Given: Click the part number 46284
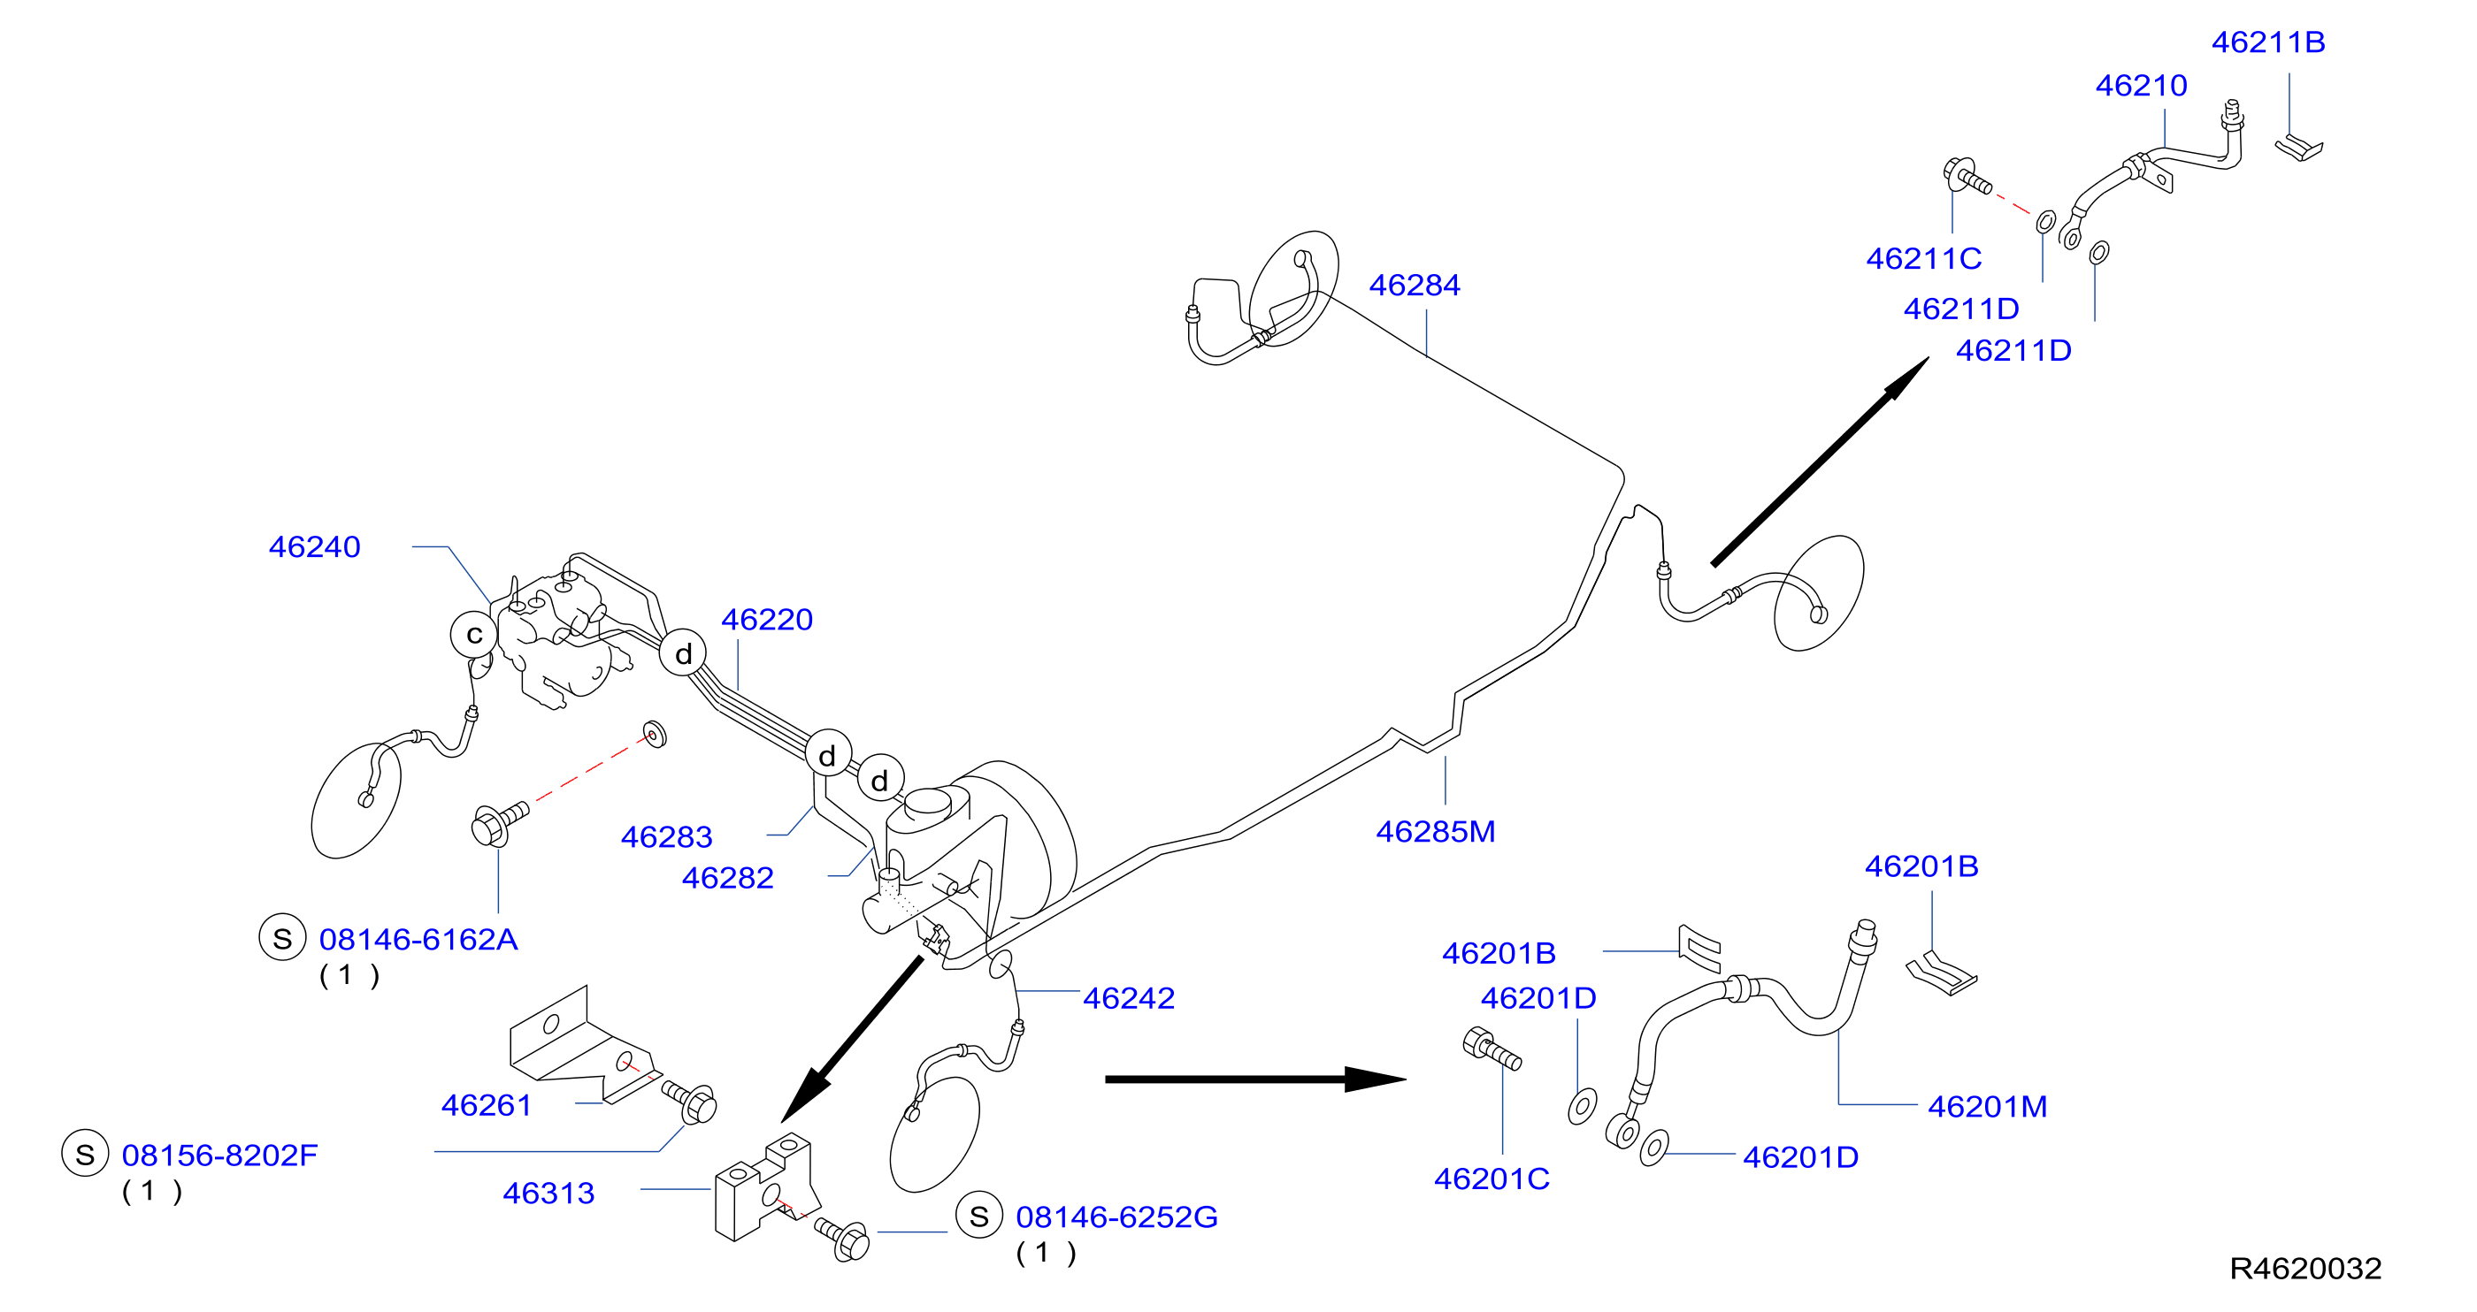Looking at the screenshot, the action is [x=1415, y=286].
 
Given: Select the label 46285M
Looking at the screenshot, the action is [x=1436, y=831].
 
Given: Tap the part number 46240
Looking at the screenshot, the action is [x=314, y=547].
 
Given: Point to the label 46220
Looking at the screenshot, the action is [x=767, y=620].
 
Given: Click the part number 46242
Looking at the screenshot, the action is [x=1129, y=999].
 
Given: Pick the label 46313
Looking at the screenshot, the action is [x=549, y=1194].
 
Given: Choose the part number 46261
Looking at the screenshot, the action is [x=487, y=1106].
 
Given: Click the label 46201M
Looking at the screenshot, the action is [x=1988, y=1107].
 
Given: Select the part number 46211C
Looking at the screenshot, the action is [x=1924, y=258].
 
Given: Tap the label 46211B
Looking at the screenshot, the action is [x=2268, y=42].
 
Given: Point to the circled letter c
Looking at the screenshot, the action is [x=474, y=635].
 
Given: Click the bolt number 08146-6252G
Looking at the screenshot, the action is [x=1117, y=1217].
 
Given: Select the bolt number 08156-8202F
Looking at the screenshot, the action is [x=220, y=1156].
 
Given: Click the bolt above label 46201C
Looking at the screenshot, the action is [x=1492, y=1049].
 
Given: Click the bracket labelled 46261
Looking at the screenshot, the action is [x=585, y=1045].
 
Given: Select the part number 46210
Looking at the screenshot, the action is [x=2142, y=86].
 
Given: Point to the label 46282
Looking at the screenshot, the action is [x=728, y=879].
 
